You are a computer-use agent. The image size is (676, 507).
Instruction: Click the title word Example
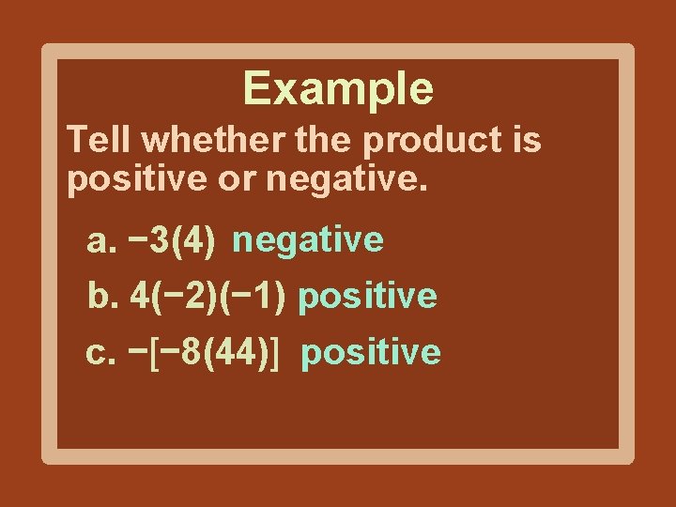tap(338, 89)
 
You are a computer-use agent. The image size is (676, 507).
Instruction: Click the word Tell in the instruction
tap(99, 141)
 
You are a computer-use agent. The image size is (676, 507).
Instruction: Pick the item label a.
tap(101, 241)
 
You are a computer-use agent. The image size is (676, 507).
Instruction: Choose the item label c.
tap(101, 353)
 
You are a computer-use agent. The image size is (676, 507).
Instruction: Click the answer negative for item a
tap(309, 240)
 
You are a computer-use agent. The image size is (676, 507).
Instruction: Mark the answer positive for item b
tap(368, 298)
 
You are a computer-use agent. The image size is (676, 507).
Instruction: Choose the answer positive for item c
tap(371, 353)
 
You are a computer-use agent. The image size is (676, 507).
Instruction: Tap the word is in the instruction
tap(527, 141)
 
